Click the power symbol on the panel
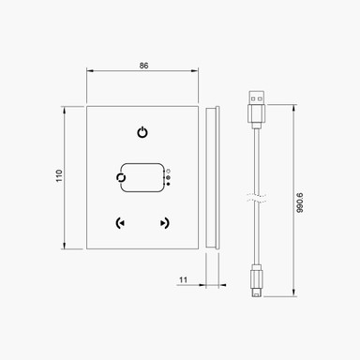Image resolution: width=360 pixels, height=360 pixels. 142,131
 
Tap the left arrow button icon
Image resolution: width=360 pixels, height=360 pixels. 118,223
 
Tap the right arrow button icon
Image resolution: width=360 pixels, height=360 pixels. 165,223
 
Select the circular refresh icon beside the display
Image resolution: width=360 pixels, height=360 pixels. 119,176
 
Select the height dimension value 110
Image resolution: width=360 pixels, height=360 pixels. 58,176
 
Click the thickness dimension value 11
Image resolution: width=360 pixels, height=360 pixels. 183,278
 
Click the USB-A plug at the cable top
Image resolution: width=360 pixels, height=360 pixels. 256,108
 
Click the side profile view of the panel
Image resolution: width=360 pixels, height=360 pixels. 213,176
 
